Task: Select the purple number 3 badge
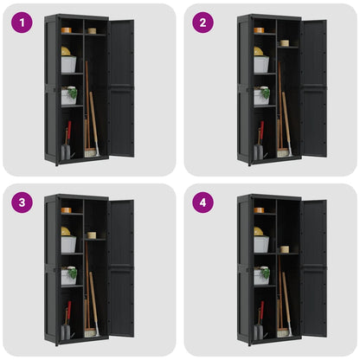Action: click(22, 203)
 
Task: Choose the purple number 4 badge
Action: click(202, 203)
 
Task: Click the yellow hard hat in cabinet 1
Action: click(66, 51)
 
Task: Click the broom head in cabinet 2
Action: click(283, 153)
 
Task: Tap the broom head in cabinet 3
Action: click(90, 333)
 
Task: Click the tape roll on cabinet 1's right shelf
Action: click(91, 30)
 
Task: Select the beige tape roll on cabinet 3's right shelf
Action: click(91, 235)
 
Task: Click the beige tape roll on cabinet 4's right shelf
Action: click(284, 248)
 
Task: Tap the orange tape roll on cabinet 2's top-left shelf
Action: click(259, 30)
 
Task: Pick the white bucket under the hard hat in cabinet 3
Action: click(68, 245)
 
